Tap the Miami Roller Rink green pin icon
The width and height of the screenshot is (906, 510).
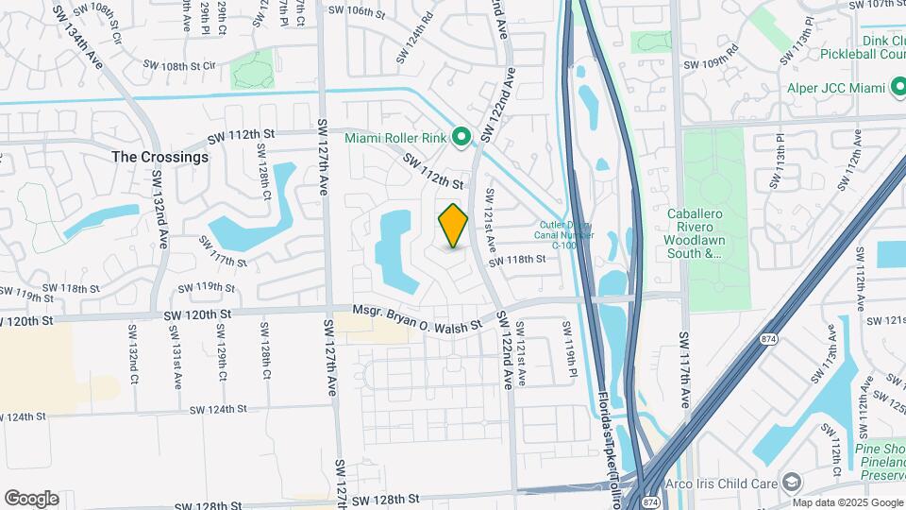pos(461,138)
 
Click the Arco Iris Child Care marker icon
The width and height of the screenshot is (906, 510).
pos(792,483)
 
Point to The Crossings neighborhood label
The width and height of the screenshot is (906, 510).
pos(159,157)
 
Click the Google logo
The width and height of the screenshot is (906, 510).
pos(31,499)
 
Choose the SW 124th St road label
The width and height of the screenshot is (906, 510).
pos(217,409)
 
